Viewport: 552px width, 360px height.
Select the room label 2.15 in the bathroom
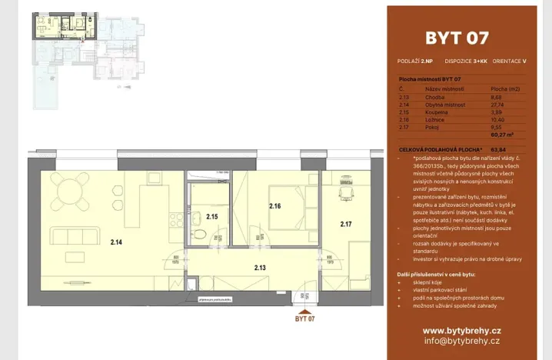(213, 217)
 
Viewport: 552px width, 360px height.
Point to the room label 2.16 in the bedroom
(275, 205)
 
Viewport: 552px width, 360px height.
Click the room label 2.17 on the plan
(346, 225)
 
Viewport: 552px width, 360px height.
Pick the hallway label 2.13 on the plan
(260, 267)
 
